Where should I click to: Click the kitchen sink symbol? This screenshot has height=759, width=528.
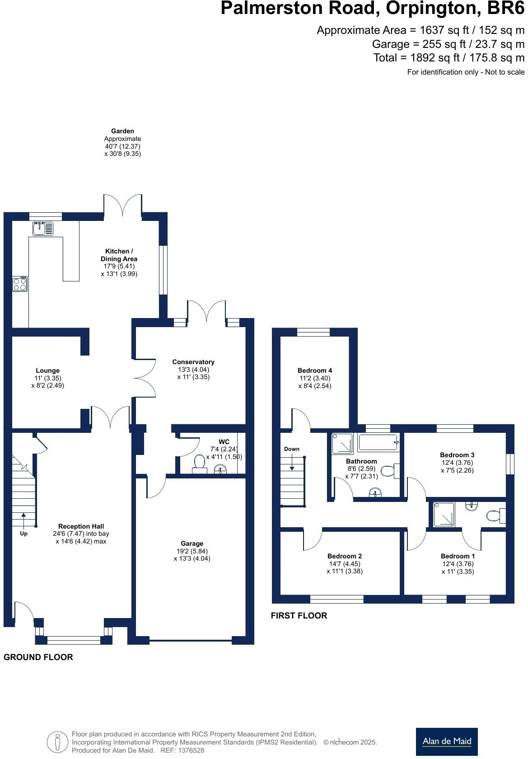point(43,229)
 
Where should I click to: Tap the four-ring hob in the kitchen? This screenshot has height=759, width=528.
point(20,284)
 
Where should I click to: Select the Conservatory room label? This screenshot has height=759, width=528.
point(193,362)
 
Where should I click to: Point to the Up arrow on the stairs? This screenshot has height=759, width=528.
point(23,520)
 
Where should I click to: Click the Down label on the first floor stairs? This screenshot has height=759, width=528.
point(292,449)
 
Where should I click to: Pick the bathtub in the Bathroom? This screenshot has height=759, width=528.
point(378,443)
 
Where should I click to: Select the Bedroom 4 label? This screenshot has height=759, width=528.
point(315,370)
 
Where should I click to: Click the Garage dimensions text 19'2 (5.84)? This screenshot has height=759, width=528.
point(192,551)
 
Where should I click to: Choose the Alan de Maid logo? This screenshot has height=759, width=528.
point(446,741)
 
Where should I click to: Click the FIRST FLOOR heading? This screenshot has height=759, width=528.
point(299,615)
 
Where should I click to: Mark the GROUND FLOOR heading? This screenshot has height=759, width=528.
point(38,657)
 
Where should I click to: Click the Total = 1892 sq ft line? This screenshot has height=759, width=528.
point(449,58)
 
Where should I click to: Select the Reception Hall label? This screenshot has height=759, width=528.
point(81,526)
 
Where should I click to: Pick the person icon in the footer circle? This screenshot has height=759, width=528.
point(57,742)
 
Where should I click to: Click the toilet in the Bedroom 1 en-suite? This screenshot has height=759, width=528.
point(495,515)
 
